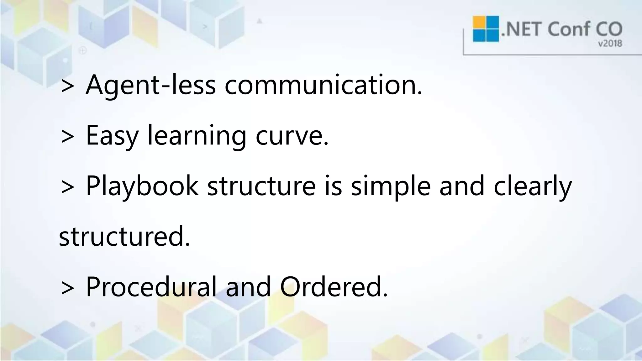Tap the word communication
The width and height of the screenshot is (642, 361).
(324, 85)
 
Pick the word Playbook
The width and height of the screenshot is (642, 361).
(142, 186)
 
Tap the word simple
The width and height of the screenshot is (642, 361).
(391, 186)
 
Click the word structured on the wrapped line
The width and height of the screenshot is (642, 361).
(124, 236)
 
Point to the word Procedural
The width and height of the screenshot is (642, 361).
(151, 286)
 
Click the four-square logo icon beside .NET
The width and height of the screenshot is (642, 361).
(486, 29)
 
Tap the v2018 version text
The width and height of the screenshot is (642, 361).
(610, 44)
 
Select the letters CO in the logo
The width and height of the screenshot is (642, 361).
(609, 29)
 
